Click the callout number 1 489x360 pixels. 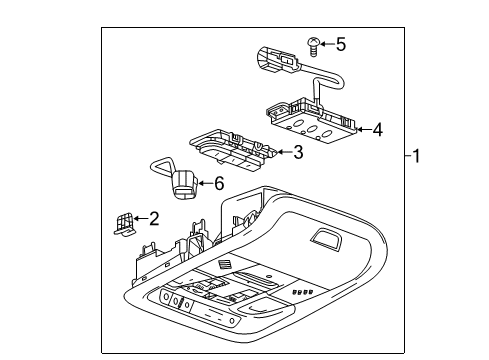point(420,157)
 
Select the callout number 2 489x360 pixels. point(154,219)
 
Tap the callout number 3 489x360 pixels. point(297,153)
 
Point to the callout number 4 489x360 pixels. point(377,129)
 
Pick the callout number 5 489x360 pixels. point(340,44)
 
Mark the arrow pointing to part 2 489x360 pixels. point(140,219)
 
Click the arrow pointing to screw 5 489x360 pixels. point(327,44)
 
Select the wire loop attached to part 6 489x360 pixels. point(161,165)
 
